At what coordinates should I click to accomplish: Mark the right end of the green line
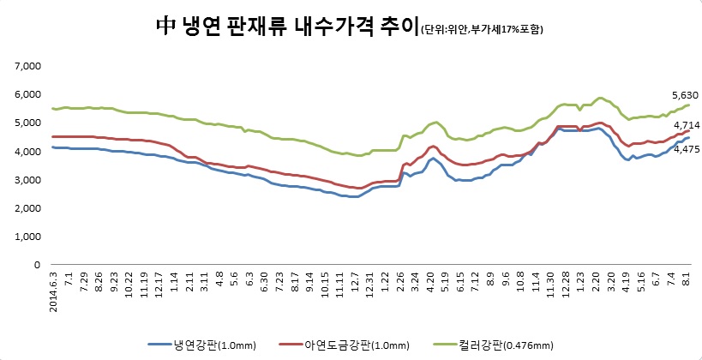(x=689, y=105)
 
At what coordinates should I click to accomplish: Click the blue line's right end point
(x=689, y=137)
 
